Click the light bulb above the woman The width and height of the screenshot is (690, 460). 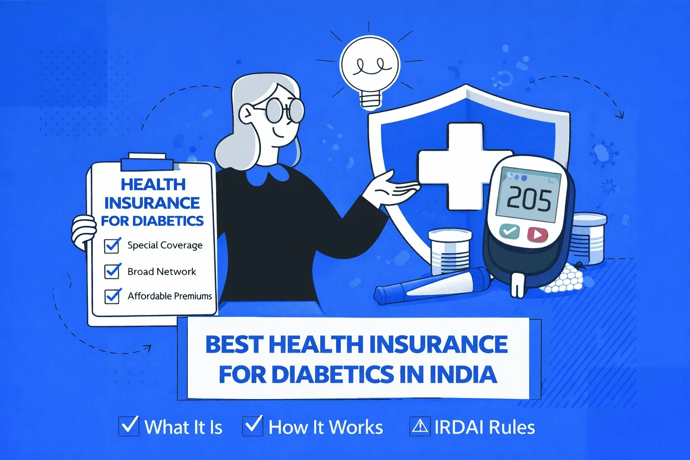(369, 67)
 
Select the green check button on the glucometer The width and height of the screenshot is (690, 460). (509, 232)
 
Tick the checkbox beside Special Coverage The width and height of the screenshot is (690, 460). (112, 245)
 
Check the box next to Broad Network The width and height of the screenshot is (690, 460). (112, 271)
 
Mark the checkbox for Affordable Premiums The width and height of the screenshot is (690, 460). (112, 296)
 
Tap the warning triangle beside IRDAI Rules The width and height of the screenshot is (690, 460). (420, 426)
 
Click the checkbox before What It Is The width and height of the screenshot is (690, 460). (128, 426)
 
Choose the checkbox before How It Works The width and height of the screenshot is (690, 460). (252, 426)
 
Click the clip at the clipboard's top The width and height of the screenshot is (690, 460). (147, 162)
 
